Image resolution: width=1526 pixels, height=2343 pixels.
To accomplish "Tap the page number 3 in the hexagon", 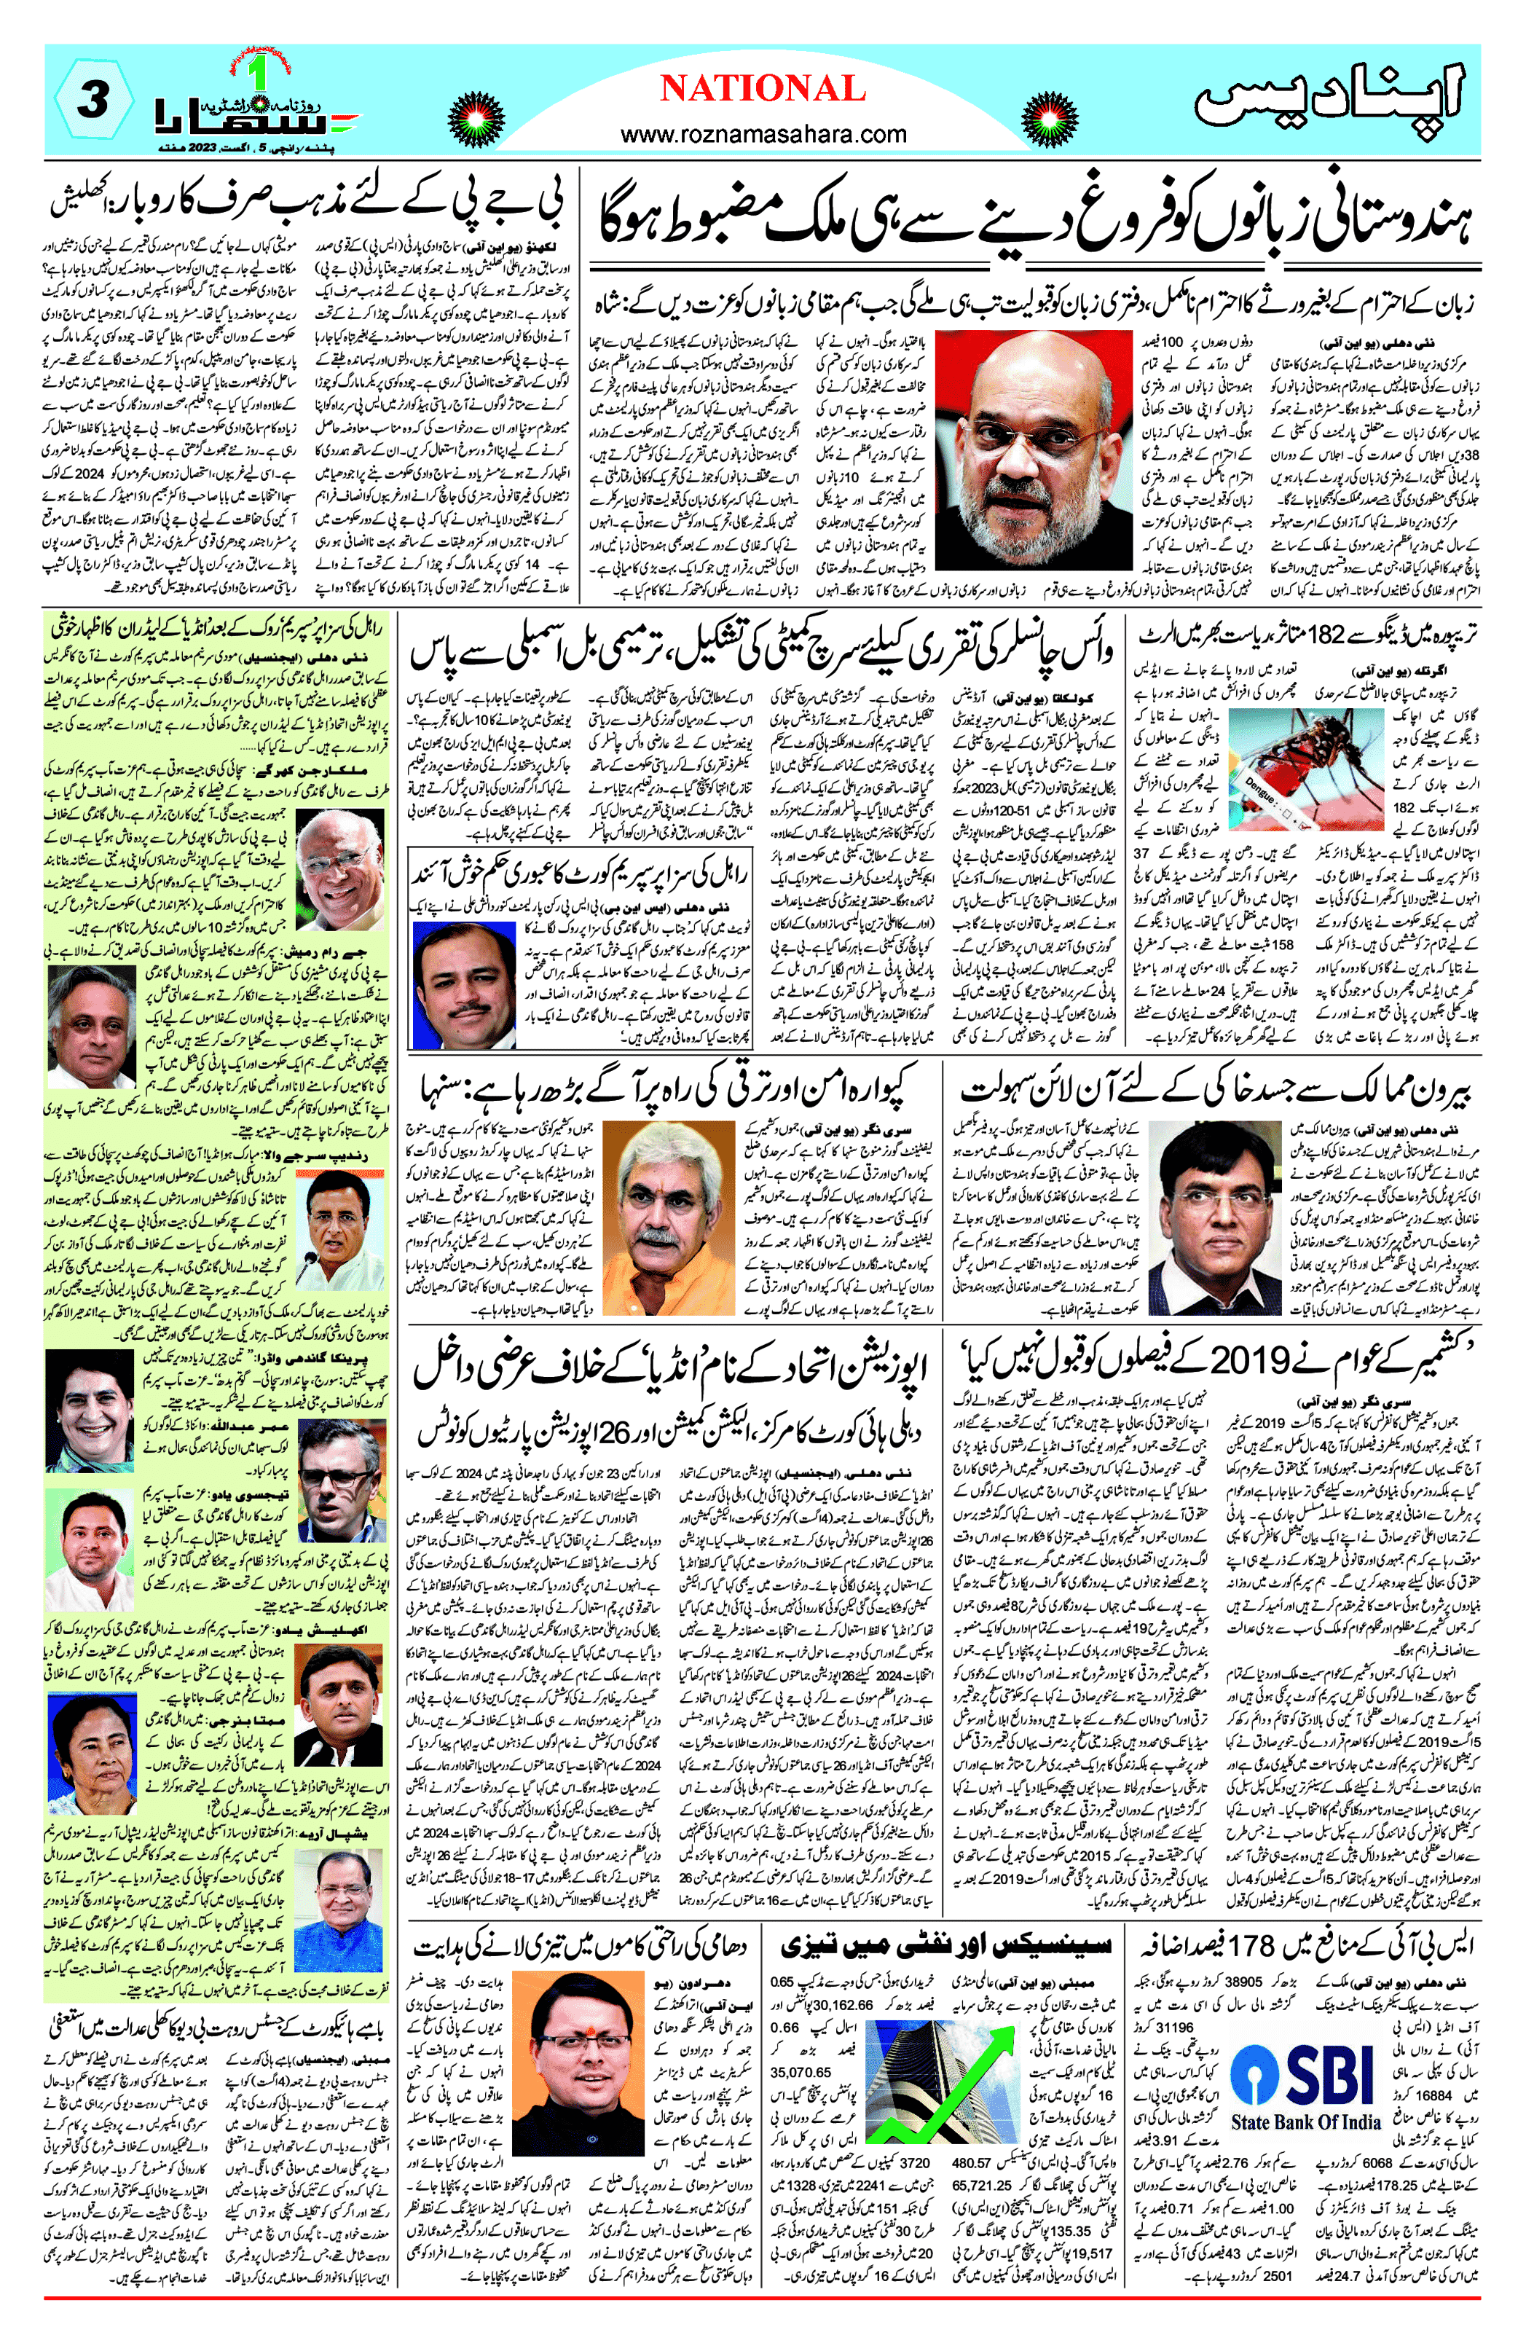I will (92, 101).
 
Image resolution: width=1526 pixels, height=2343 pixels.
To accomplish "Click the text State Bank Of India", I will (1305, 2122).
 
